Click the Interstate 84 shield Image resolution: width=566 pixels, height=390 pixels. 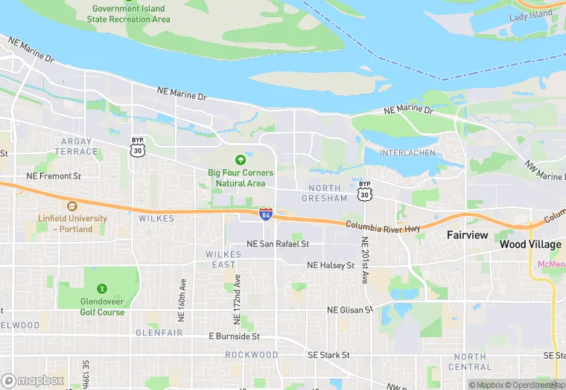point(266,214)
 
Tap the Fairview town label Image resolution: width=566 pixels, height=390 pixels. point(467,235)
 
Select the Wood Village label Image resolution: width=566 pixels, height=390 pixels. point(530,244)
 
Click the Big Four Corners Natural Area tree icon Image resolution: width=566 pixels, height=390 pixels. point(240,160)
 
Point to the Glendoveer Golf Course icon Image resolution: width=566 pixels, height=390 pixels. point(101,289)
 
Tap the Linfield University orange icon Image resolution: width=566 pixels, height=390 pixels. point(72,206)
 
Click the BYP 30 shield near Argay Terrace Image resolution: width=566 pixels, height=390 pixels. point(137,148)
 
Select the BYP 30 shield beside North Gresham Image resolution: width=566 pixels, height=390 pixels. point(364,191)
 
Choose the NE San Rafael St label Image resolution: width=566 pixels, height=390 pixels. point(277,244)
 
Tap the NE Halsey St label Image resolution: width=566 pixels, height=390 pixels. point(331,265)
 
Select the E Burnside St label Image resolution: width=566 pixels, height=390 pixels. point(233,336)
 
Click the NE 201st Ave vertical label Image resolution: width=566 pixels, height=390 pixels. point(365,260)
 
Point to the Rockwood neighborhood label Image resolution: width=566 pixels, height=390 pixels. point(251,355)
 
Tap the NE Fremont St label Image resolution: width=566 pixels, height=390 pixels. point(53,176)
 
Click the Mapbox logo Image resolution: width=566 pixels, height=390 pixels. point(33,380)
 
